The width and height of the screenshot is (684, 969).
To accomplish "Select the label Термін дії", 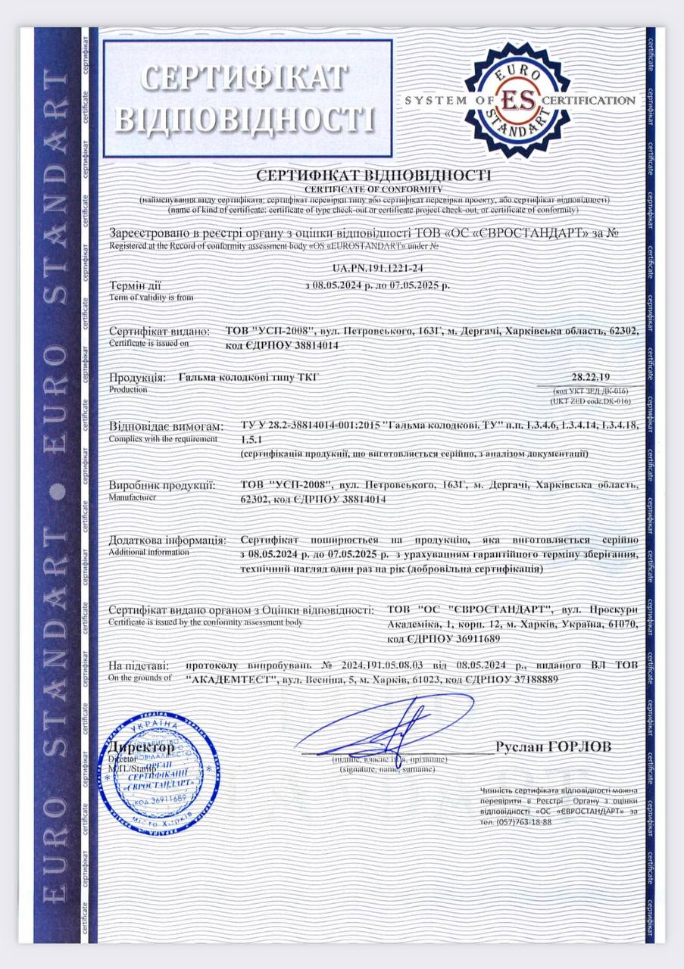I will click(x=136, y=286).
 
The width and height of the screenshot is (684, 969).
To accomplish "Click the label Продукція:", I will click(x=137, y=377).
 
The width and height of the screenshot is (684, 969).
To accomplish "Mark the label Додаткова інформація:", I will click(x=167, y=541).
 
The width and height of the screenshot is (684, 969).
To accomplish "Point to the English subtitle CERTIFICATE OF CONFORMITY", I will click(x=373, y=188).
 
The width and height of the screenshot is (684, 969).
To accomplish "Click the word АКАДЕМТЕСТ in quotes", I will click(x=230, y=680).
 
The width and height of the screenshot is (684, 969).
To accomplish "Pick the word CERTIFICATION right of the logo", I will click(x=590, y=100).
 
